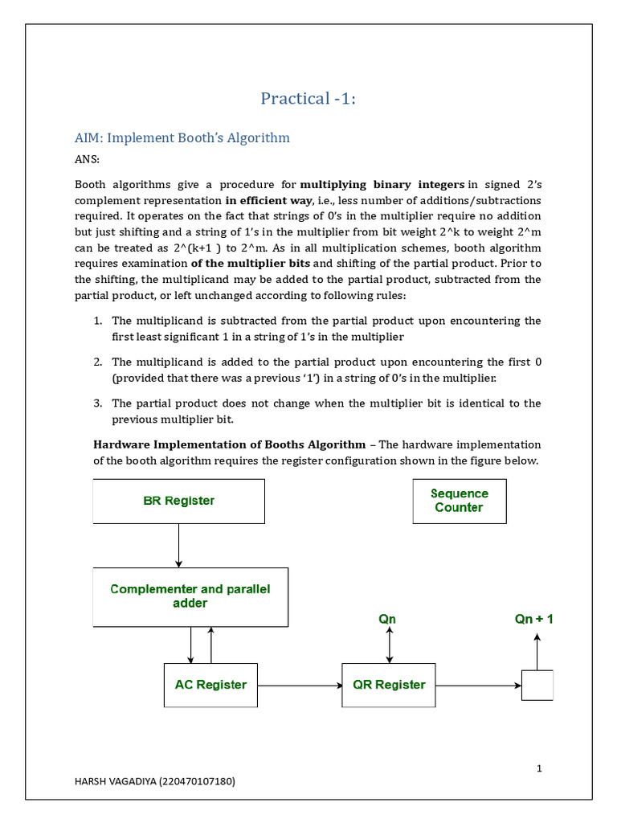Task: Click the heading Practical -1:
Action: tap(308, 99)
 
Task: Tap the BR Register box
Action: tap(179, 502)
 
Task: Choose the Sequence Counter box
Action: tap(459, 501)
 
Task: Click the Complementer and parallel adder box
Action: tap(190, 596)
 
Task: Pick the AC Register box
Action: tap(210, 685)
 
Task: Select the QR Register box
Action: tap(389, 685)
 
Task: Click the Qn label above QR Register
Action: tap(387, 619)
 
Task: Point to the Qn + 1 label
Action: tap(533, 619)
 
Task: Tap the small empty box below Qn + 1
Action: tap(537, 686)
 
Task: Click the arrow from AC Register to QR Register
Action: tap(300, 686)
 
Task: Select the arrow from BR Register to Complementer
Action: tap(178, 546)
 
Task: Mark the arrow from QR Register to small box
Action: tap(478, 686)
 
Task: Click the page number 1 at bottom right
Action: tap(539, 768)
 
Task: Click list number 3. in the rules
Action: tap(98, 403)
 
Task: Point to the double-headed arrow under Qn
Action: tap(390, 645)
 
